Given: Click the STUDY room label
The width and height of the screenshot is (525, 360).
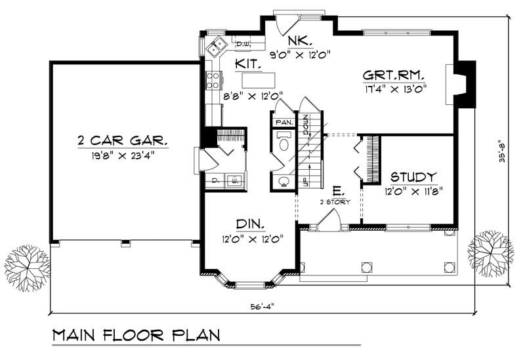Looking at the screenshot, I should (x=413, y=177).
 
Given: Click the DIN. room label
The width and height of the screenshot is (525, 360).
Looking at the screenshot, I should (x=251, y=224).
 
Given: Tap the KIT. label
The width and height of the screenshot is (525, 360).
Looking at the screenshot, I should (x=250, y=65).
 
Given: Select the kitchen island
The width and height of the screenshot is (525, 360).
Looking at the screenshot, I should (x=257, y=81).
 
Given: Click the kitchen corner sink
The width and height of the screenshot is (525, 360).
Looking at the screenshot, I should (x=216, y=47).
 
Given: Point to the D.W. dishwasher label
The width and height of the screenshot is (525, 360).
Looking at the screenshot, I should (x=241, y=44).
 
